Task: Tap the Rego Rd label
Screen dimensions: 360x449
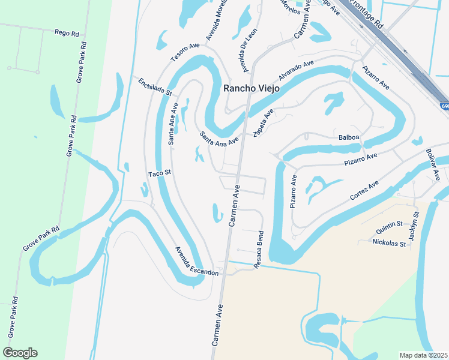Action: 67,34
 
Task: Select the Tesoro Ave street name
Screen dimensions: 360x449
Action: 184,51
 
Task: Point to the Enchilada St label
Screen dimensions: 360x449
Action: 155,87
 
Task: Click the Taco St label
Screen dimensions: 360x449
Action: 160,173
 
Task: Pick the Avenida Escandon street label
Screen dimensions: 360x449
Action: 197,262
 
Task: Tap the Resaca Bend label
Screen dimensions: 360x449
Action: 261,250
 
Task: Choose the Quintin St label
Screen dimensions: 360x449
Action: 390,225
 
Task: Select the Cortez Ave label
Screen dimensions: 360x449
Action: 365,191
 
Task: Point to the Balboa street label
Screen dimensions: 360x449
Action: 348,137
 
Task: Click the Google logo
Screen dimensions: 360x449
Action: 20,352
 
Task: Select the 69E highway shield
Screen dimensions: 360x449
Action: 444,106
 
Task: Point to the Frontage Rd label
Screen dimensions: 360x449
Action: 366,15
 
